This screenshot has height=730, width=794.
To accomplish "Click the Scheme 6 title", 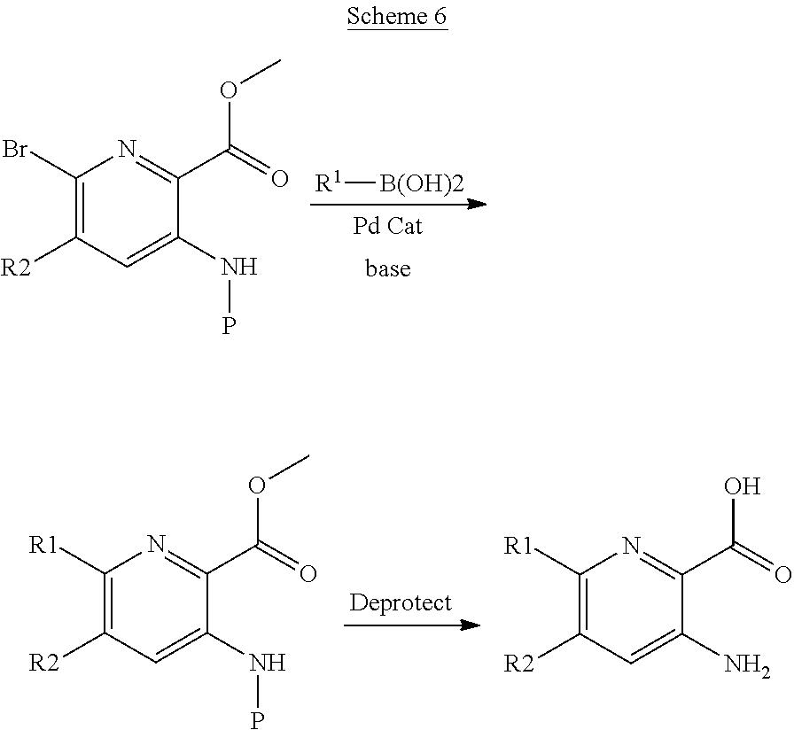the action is click(397, 16).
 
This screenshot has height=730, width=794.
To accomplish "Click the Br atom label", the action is click(15, 150).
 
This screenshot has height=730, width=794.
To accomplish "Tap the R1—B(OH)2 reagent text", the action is click(389, 182).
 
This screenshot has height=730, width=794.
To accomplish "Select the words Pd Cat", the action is click(387, 225).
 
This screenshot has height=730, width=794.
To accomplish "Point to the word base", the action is click(388, 268).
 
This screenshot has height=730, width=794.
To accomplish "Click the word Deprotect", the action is click(400, 602).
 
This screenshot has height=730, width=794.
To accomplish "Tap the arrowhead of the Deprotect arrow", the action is click(470, 625).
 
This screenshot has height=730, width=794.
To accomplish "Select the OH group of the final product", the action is click(743, 486).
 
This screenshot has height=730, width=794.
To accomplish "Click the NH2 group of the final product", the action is click(747, 664).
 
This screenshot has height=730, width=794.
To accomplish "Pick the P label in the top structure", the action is click(230, 326).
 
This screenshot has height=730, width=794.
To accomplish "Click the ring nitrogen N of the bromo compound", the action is click(128, 150).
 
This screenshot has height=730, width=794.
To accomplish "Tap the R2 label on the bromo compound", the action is click(16, 268).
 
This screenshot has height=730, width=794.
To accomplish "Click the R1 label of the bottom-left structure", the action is click(44, 545).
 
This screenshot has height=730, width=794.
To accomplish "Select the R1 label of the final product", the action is click(518, 545).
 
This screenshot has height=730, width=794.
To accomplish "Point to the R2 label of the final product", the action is click(519, 664).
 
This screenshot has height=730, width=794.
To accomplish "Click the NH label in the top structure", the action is click(239, 267).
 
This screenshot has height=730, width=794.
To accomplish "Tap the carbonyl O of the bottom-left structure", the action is click(307, 573).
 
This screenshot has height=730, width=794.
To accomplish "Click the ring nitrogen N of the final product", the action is click(631, 545).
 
